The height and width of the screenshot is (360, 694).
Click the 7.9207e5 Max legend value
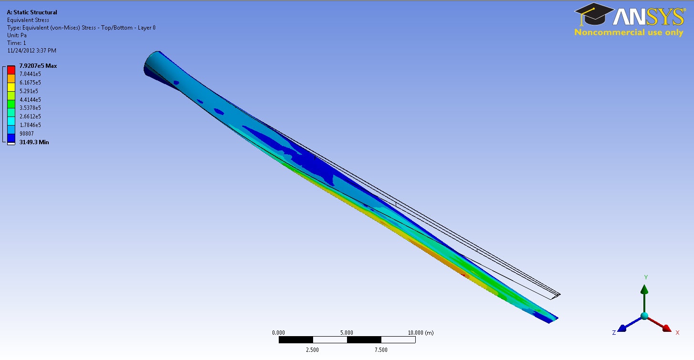(x=38, y=66)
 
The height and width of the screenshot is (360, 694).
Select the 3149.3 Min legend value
(x=34, y=142)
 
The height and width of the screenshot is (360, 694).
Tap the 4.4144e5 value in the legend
(x=30, y=99)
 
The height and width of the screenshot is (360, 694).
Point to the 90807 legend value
(x=26, y=134)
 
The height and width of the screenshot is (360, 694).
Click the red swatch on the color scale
(x=11, y=70)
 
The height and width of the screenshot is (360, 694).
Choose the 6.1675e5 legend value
(x=30, y=83)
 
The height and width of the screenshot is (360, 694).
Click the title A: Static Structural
(x=32, y=12)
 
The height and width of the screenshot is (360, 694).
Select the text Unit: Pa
(x=17, y=35)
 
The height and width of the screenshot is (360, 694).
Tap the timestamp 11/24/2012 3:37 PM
(x=32, y=51)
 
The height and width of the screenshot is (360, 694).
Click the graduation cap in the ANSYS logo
(x=594, y=14)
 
